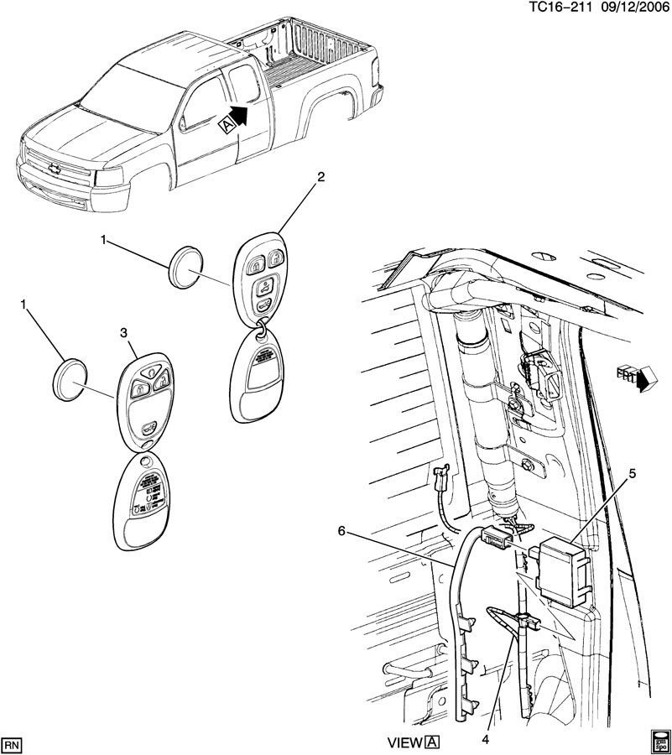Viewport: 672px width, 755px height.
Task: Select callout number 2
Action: click(319, 177)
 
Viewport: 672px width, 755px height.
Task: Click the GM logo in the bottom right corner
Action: click(660, 742)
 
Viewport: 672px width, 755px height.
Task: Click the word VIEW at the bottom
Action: click(404, 742)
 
